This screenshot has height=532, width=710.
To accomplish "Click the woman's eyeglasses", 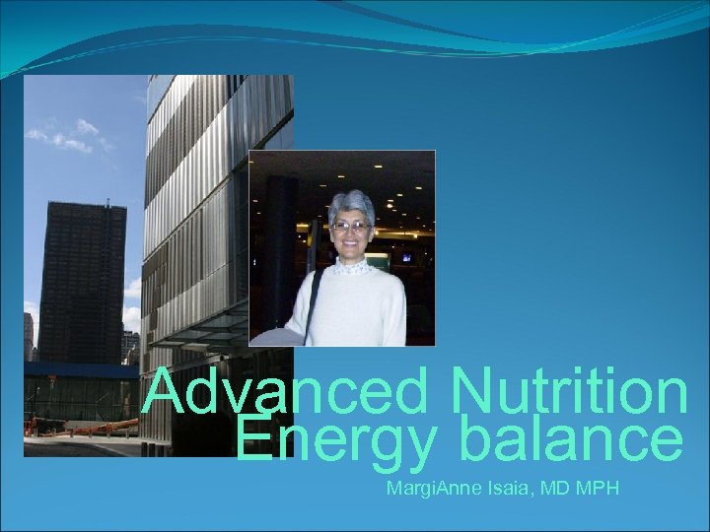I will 350,227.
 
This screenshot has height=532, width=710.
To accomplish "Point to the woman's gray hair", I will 351,203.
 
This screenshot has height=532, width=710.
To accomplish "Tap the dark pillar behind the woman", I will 282,236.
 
